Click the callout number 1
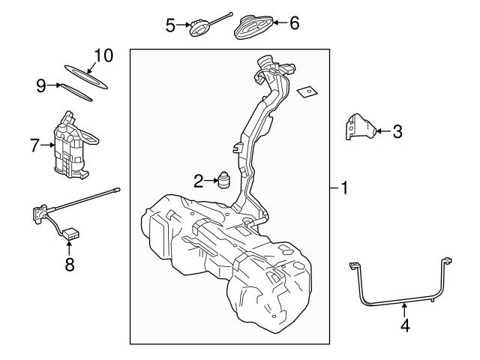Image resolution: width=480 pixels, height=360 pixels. click(343, 188)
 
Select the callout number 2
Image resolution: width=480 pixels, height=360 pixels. click(198, 180)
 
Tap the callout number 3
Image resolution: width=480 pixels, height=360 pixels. click(397, 132)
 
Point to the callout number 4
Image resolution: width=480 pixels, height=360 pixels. click(405, 326)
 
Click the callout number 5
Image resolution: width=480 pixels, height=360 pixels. click(170, 25)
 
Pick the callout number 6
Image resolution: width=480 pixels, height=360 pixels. click(294, 23)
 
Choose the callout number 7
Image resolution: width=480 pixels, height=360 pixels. click(34, 145)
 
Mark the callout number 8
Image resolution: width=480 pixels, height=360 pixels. click(69, 265)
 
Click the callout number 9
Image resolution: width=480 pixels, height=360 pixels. click(42, 85)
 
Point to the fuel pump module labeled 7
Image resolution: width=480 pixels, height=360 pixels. click(71, 146)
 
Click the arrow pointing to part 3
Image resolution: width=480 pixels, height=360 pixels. click(382, 132)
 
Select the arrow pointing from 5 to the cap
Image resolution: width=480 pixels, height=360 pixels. click(182, 25)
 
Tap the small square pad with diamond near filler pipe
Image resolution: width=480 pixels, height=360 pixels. click(305, 94)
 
